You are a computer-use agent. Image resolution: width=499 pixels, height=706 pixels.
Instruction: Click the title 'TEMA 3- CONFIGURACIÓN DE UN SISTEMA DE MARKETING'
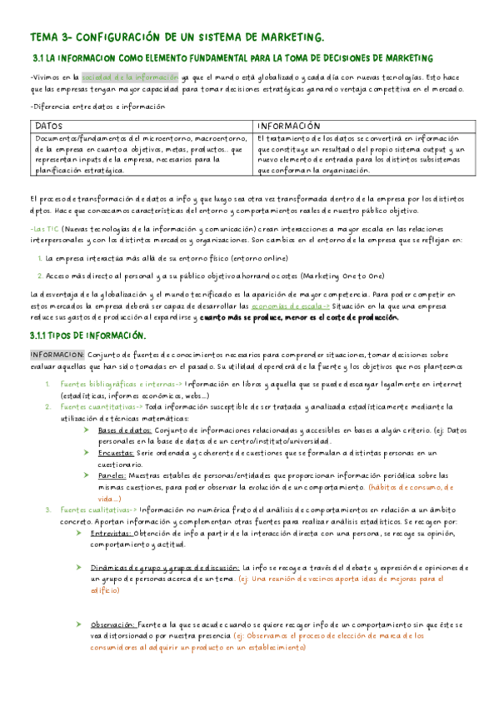tap(176, 38)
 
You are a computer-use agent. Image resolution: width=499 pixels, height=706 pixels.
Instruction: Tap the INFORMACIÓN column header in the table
tap(290, 125)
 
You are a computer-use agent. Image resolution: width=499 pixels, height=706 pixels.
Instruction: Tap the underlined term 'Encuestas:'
tap(118, 453)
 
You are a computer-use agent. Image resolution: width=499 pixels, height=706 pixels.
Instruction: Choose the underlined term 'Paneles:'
tap(115, 475)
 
